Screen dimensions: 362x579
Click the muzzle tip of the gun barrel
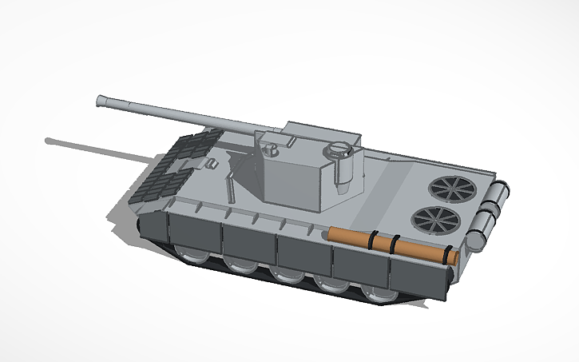tap(102, 100)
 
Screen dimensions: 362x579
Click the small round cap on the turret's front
tap(272, 149)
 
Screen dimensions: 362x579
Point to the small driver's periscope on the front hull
tap(212, 164)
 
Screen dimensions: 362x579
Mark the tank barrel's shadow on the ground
tap(96, 149)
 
